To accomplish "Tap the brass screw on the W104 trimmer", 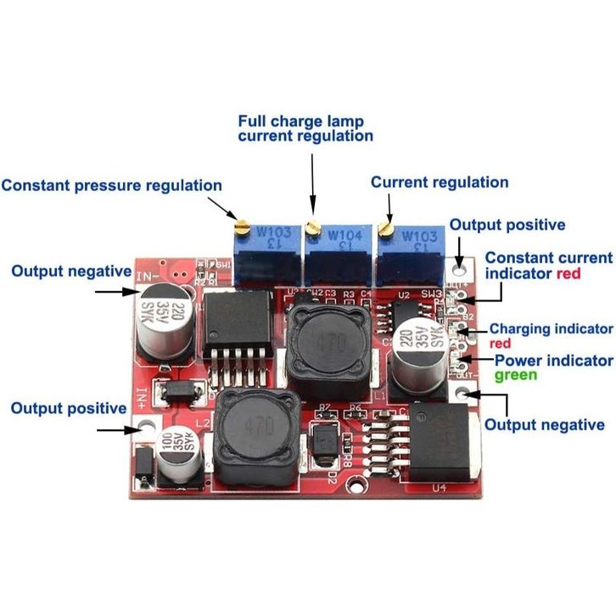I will [312, 226].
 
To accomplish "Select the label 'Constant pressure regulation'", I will [111, 185].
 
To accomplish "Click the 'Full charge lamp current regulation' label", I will [305, 128].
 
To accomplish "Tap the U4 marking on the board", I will [440, 488].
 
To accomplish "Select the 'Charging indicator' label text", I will [551, 328].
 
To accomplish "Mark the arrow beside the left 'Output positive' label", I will [118, 429].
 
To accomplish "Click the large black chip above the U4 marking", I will [446, 439].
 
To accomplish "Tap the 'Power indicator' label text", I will [553, 360].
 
